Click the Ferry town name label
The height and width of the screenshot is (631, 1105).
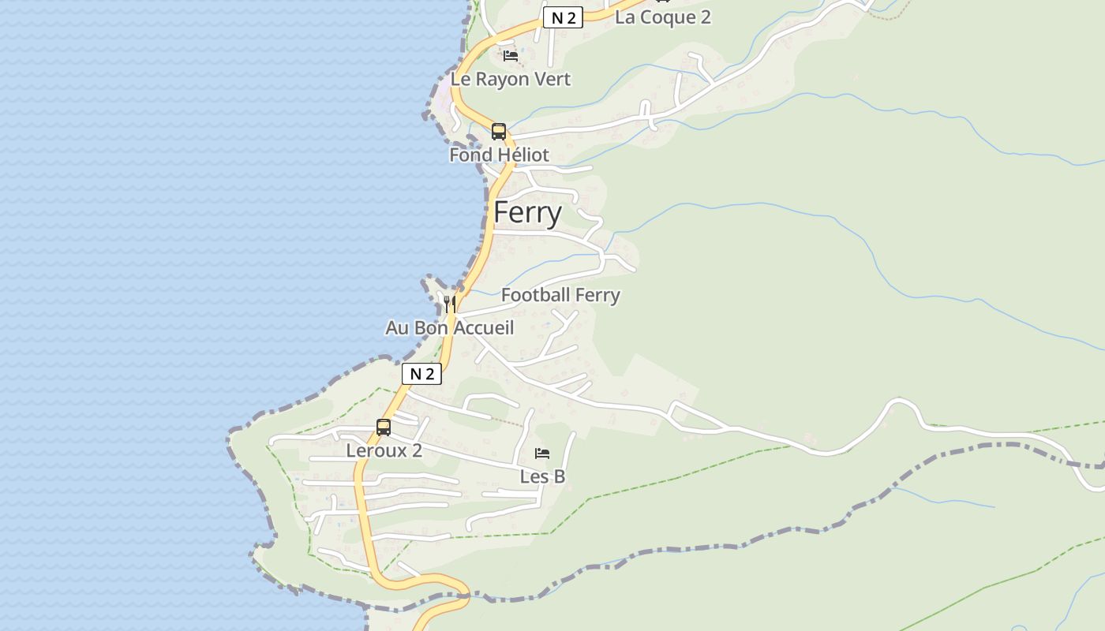tap(527, 213)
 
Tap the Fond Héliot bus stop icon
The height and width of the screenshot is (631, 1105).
tap(498, 132)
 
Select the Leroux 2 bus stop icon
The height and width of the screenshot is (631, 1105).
tap(384, 428)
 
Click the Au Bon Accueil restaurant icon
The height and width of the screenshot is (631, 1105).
tap(450, 304)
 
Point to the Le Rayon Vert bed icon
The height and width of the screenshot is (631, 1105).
tap(511, 56)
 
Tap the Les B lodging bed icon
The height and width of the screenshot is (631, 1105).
tap(542, 454)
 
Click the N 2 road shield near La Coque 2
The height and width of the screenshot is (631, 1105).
tap(563, 18)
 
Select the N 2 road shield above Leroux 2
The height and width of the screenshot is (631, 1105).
tap(421, 374)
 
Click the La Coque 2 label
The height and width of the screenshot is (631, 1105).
tap(662, 17)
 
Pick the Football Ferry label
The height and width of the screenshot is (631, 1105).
tap(560, 295)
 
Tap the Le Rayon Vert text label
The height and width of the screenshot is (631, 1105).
tap(510, 79)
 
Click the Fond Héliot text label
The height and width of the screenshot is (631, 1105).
tap(499, 155)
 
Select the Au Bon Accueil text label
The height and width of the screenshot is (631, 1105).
tap(449, 327)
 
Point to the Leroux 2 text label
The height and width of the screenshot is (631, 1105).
tap(384, 450)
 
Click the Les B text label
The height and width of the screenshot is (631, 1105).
tap(542, 476)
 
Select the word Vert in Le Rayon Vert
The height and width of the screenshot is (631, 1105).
tap(552, 79)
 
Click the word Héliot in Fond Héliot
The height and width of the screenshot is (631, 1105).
tap(517, 155)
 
